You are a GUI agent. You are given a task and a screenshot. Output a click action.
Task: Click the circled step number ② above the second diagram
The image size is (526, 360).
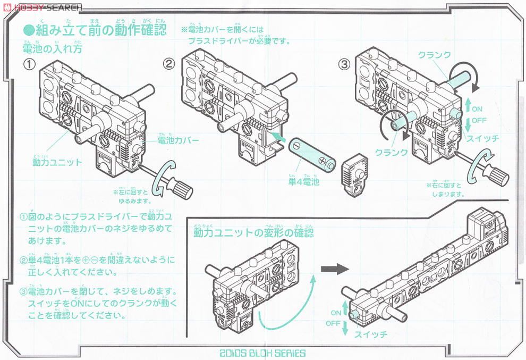tap(168, 64)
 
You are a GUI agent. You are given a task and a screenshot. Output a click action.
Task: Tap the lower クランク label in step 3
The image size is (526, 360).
tap(391, 152)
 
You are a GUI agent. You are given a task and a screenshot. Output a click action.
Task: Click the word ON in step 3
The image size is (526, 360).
tap(477, 109)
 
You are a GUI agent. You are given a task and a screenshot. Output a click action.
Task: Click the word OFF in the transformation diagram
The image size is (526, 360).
tap(333, 323)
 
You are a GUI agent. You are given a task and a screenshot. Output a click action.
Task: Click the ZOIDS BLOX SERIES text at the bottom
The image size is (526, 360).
tap(262, 353)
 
